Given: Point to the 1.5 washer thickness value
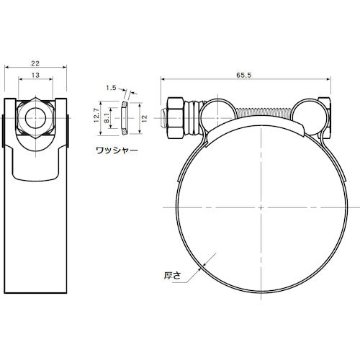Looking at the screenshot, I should (110, 88).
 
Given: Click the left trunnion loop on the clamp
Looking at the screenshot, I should (215, 112).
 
